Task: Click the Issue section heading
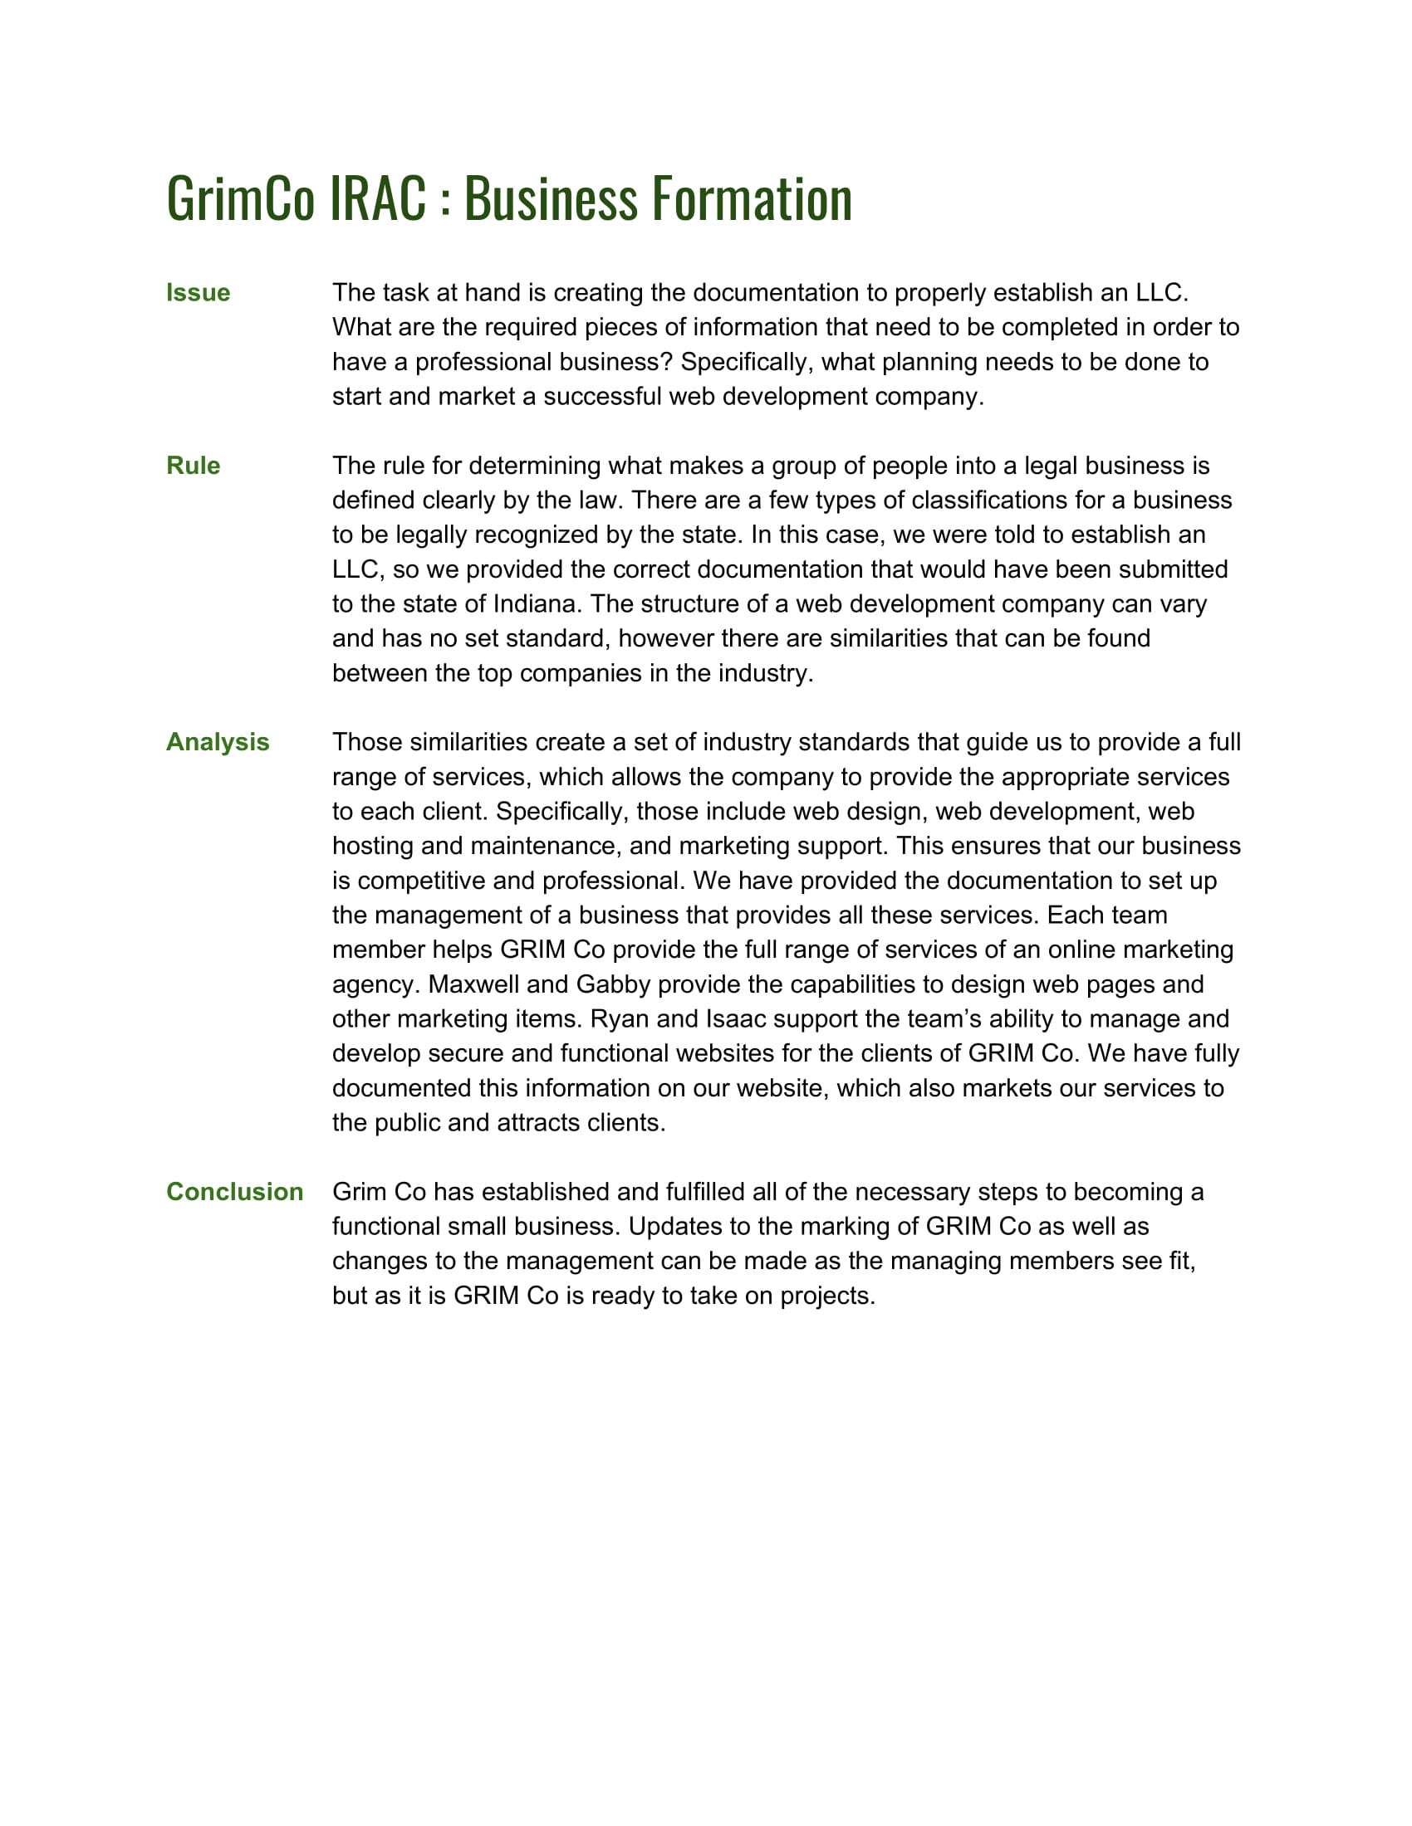pyautogui.click(x=198, y=293)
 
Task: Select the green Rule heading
pyautogui.click(x=194, y=466)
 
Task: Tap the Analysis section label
pyautogui.click(x=218, y=743)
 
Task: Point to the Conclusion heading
pyautogui.click(x=234, y=1191)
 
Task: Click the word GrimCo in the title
pyautogui.click(x=241, y=199)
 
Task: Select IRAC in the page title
pyautogui.click(x=378, y=199)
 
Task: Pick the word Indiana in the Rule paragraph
pyautogui.click(x=536, y=603)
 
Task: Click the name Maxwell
pyautogui.click(x=473, y=984)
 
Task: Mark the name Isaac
pyautogui.click(x=736, y=1019)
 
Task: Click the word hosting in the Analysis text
pyautogui.click(x=373, y=846)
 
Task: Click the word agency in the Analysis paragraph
pyautogui.click(x=372, y=984)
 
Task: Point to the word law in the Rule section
pyautogui.click(x=600, y=500)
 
